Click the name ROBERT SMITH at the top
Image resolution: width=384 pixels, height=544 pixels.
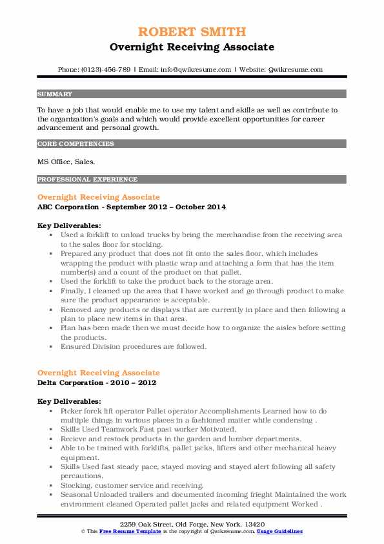click(192, 32)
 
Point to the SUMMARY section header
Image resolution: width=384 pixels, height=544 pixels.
click(55, 94)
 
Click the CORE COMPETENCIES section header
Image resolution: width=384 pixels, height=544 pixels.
click(76, 143)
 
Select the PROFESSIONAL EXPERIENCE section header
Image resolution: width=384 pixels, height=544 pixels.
click(87, 179)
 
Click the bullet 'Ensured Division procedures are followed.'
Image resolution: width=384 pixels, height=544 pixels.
click(133, 346)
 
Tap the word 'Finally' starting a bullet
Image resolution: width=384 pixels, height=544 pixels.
click(73, 291)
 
